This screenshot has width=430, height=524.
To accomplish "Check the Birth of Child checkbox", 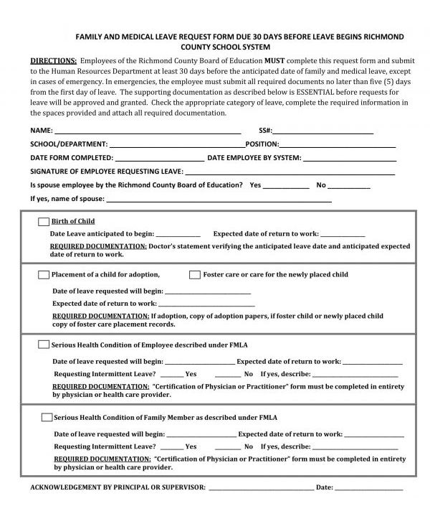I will (x=44, y=221).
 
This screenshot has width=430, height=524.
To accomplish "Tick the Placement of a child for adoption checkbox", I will (x=44, y=275).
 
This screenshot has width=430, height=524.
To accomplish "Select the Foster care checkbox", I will (x=195, y=275).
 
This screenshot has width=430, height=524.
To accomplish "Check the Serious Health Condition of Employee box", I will (x=44, y=345).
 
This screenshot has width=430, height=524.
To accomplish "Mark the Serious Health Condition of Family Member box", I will (x=47, y=417).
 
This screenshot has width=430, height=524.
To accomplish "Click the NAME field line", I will (x=147, y=131).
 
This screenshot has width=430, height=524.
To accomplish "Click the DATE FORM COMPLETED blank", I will (x=160, y=158).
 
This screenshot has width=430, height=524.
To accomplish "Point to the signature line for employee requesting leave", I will (x=290, y=172).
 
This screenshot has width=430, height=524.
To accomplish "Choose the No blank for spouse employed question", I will (x=349, y=185).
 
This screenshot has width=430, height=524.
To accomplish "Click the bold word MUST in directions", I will (x=275, y=61).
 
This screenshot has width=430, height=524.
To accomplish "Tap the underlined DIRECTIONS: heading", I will (x=53, y=61).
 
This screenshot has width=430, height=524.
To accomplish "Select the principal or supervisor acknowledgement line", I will (x=261, y=488).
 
